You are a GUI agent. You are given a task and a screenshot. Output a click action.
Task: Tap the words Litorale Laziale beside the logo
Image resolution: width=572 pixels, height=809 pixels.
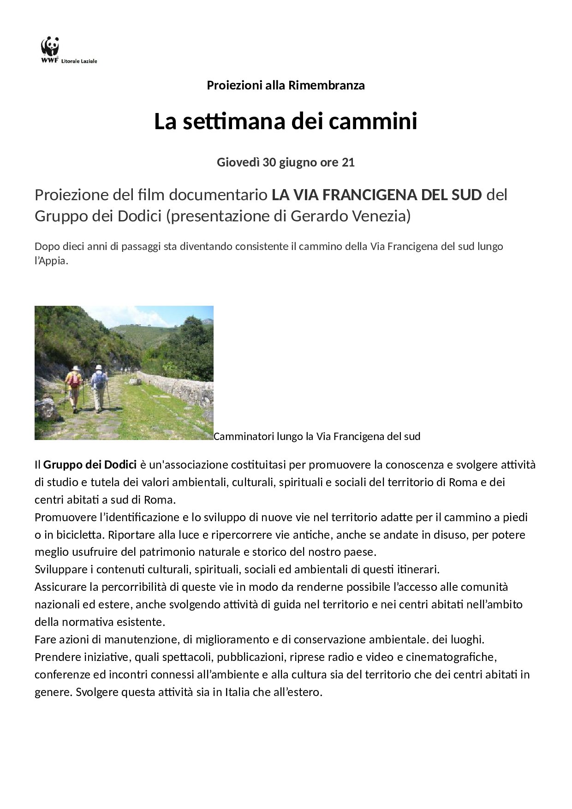pos(82,61)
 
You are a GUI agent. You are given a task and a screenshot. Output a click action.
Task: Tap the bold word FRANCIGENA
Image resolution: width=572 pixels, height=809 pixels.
pos(364,195)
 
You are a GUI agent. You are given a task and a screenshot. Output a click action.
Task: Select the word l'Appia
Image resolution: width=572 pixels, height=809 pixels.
pos(51,261)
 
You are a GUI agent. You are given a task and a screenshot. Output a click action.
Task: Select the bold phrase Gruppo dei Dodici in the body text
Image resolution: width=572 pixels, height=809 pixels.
pos(90,464)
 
